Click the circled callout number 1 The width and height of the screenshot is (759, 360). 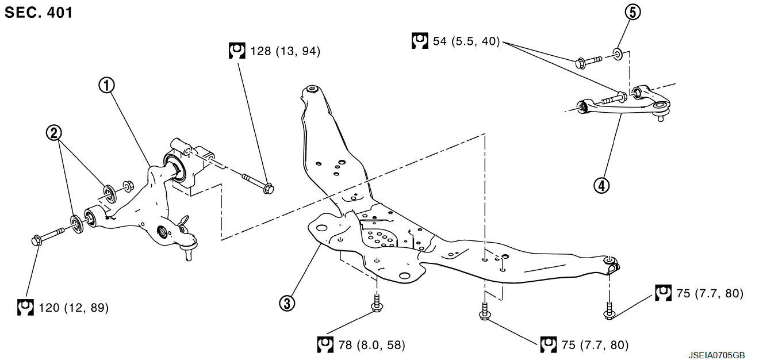click(106, 86)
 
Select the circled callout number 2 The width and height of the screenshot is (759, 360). click(54, 133)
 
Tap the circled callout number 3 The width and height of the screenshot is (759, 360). click(287, 304)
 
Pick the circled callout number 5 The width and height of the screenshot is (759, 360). click(633, 12)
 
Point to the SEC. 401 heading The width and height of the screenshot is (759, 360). click(39, 13)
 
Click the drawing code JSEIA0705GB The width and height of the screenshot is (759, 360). click(716, 355)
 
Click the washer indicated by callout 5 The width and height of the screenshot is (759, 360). click(618, 54)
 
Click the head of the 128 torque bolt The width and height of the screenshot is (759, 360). click(269, 189)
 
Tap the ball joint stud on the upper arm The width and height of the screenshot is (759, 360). click(661, 116)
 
